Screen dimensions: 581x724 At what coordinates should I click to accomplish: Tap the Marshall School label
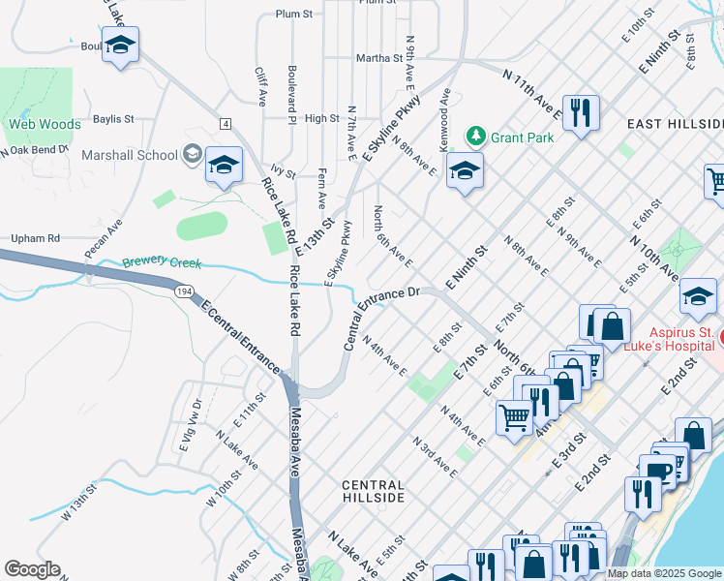click(130, 155)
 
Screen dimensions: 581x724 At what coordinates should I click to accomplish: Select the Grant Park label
click(522, 138)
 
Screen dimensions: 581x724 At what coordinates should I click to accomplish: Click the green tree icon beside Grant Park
click(475, 137)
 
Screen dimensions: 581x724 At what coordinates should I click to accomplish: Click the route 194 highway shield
click(182, 290)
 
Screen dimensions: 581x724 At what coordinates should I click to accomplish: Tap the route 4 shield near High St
click(225, 124)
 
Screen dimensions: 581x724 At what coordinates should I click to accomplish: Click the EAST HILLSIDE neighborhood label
click(675, 125)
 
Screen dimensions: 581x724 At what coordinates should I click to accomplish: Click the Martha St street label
click(378, 58)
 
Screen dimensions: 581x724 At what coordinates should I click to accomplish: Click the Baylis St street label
click(113, 119)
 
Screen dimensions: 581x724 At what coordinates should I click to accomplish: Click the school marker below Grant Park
click(465, 171)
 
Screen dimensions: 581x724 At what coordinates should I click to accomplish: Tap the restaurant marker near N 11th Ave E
click(581, 112)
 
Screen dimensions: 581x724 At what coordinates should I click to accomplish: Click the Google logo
click(32, 569)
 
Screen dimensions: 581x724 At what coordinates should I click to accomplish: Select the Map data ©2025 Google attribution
click(664, 573)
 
